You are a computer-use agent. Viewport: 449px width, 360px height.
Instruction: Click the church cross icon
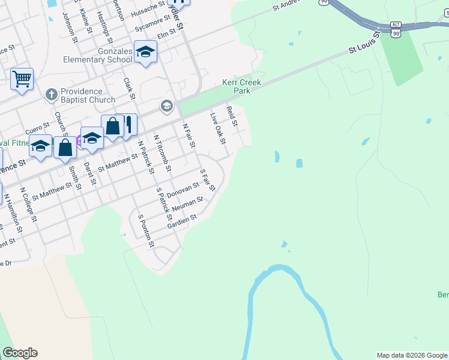[x=51, y=95]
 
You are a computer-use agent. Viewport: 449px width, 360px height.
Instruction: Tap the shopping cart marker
[x=22, y=78]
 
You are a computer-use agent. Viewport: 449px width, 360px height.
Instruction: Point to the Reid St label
[x=232, y=116]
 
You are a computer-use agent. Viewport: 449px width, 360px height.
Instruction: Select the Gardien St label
[x=182, y=222]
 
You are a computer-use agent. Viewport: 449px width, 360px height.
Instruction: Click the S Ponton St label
[x=146, y=231]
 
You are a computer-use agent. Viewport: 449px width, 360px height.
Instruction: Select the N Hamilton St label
[x=13, y=212]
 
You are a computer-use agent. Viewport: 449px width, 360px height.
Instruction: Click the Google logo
[x=20, y=353]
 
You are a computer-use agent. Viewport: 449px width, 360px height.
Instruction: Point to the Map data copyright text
[x=412, y=355]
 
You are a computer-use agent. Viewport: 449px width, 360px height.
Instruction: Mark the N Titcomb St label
[x=163, y=152]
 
